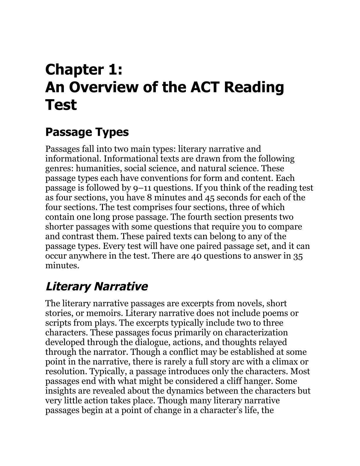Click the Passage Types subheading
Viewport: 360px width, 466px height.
pyautogui.click(x=87, y=132)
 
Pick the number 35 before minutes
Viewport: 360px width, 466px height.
pyautogui.click(x=298, y=256)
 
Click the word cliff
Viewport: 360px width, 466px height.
pyautogui.click(x=237, y=381)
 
